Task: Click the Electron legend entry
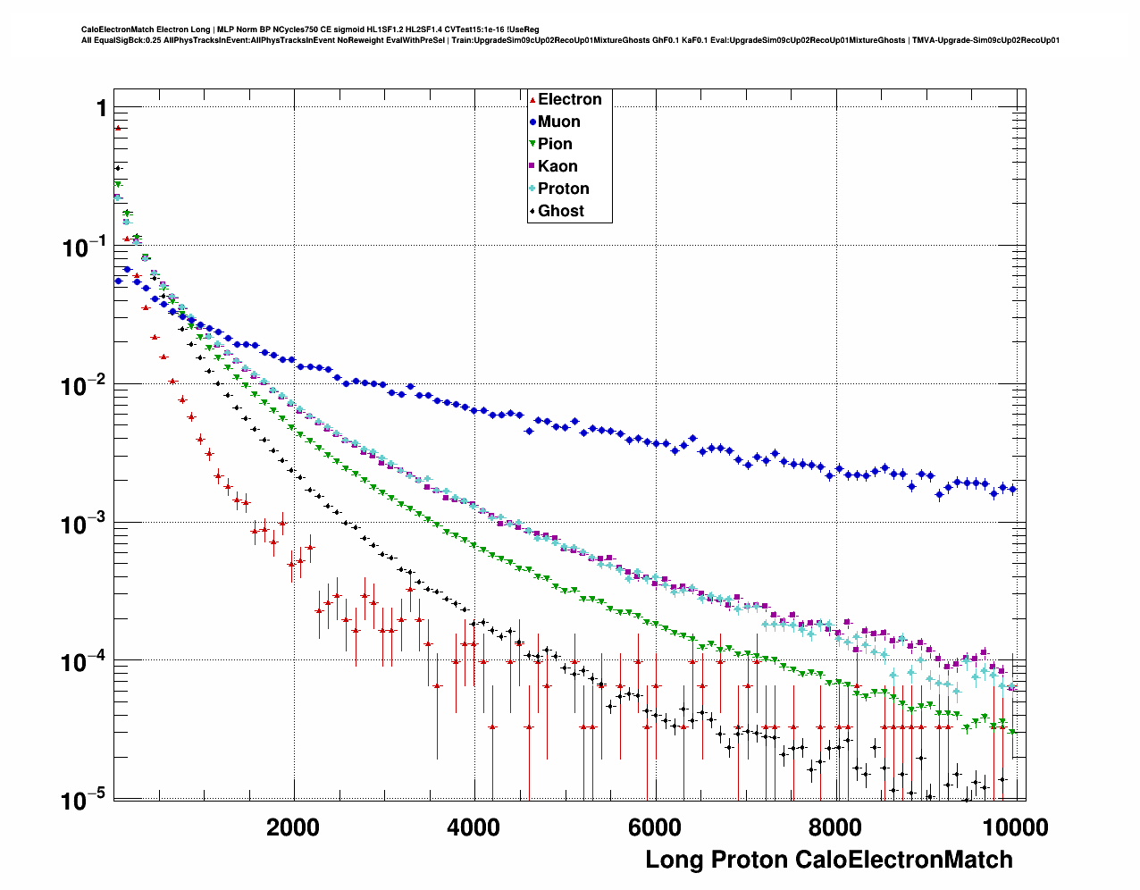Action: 569,99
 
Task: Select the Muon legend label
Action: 558,122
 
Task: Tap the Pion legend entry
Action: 555,144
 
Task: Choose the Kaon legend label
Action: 557,166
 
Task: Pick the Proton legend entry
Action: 563,189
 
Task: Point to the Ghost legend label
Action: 560,211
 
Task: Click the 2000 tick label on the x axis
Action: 293,827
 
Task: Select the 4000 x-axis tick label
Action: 474,827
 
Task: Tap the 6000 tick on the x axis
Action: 654,827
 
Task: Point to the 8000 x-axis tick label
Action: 834,827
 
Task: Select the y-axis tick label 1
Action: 101,108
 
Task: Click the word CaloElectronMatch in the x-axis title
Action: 903,860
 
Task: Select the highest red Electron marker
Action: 117,128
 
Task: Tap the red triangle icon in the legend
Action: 532,99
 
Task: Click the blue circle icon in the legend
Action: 532,122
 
